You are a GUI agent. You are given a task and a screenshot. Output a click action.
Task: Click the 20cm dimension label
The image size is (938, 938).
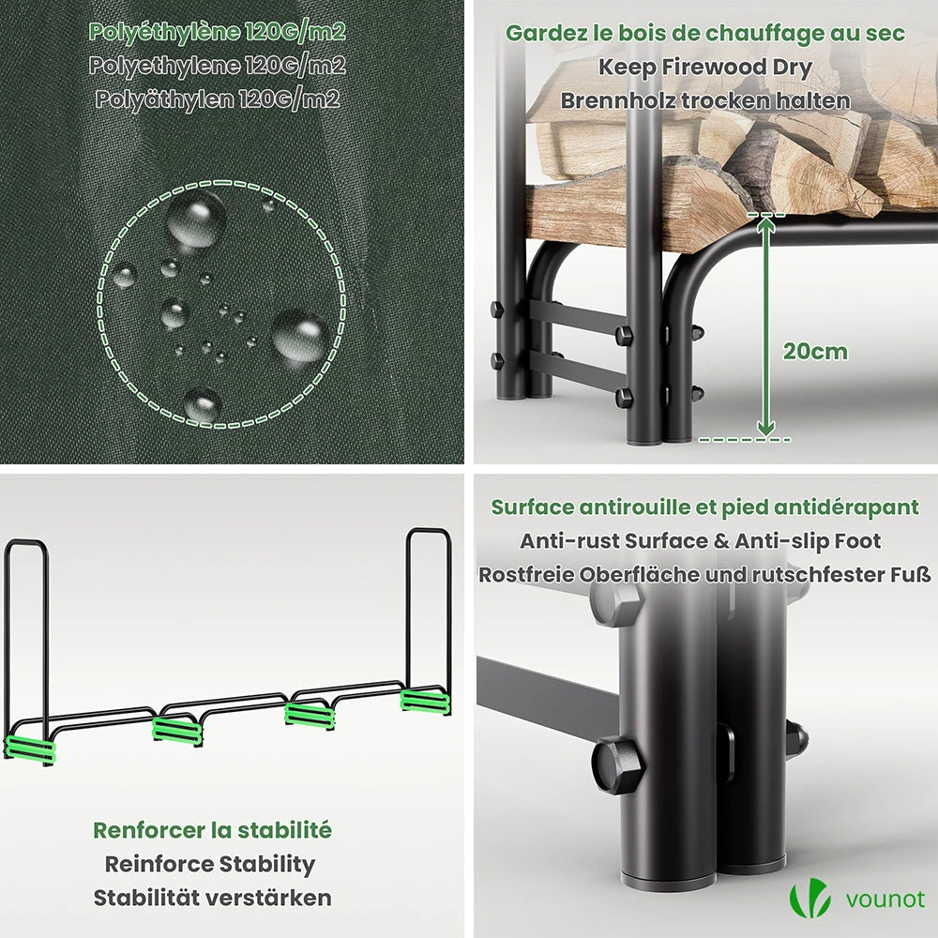[x=815, y=352]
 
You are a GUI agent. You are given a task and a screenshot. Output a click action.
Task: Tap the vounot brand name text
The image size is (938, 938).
[x=885, y=900]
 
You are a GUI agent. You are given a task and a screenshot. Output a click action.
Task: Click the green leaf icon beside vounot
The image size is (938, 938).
[x=809, y=899]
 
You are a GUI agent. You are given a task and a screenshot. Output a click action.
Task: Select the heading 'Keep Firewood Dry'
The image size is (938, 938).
[x=704, y=68]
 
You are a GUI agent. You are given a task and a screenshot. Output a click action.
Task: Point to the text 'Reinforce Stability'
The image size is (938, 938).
[x=210, y=865]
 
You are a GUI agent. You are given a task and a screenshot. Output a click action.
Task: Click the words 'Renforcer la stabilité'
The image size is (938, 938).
[x=212, y=830]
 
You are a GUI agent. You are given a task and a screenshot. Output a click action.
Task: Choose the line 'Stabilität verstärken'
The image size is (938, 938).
[x=212, y=898]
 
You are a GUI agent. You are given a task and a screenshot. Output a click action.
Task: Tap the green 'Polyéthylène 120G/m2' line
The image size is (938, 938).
[x=217, y=32]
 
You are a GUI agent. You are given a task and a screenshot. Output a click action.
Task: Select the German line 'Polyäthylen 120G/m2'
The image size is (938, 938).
[x=218, y=98]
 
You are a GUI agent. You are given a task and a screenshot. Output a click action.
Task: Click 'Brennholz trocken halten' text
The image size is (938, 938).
[x=705, y=100]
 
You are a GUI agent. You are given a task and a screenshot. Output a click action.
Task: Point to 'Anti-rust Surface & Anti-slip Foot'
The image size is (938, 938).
[x=700, y=541]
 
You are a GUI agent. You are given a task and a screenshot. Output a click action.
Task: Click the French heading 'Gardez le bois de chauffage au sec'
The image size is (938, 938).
[x=705, y=34]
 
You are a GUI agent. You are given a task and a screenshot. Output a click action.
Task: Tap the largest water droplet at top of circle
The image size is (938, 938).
[x=196, y=220]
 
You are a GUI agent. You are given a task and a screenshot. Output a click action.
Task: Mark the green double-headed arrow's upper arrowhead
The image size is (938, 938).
[x=765, y=224]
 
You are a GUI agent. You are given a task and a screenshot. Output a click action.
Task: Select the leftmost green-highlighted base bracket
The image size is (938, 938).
[x=30, y=749]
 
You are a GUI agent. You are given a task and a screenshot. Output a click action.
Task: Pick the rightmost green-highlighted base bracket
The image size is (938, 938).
[x=425, y=701]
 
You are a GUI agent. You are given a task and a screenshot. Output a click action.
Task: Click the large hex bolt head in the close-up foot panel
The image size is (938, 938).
[x=618, y=764]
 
